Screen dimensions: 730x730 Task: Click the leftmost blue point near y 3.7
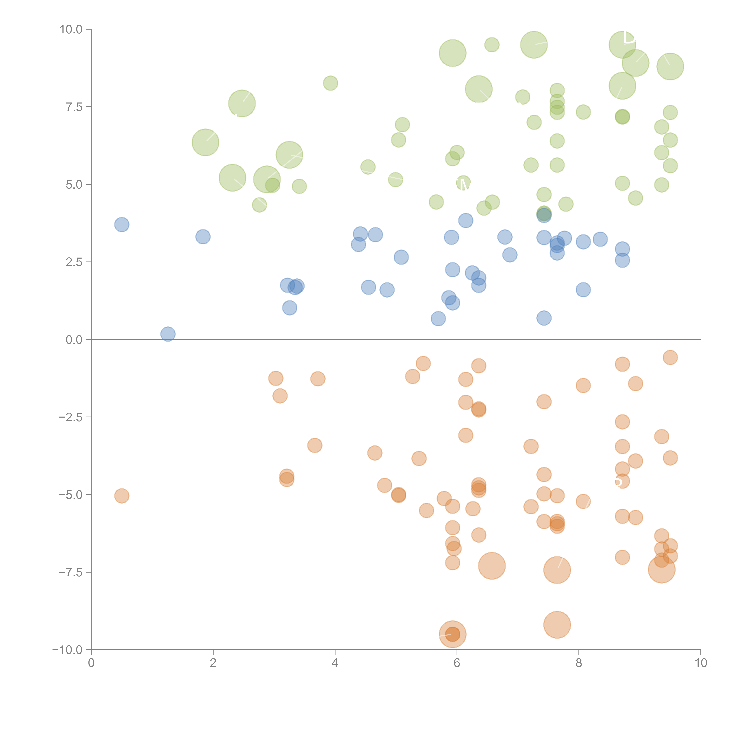pyautogui.click(x=122, y=225)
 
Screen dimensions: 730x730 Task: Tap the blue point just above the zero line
pyautogui.click(x=168, y=334)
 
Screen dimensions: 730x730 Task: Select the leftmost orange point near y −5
pyautogui.click(x=122, y=496)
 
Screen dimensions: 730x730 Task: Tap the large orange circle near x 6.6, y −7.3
pyautogui.click(x=492, y=566)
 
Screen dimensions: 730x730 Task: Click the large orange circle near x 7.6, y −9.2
pyautogui.click(x=557, y=625)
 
